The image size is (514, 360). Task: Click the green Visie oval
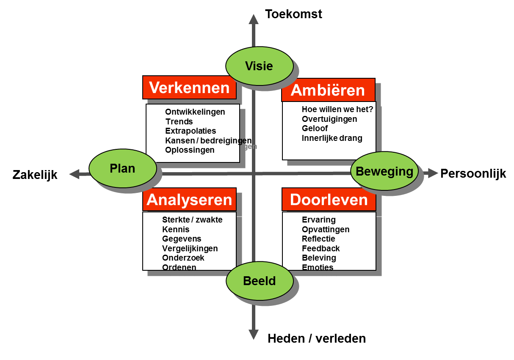coord(259,66)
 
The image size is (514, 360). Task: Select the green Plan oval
coord(123,168)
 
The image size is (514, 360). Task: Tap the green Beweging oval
coord(384,171)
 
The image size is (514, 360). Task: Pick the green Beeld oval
coord(260,281)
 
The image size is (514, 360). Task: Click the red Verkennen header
coord(189,88)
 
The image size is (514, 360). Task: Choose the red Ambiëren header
coord(329,90)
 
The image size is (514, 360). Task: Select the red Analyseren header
coord(189,200)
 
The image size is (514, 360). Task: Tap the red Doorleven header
coord(329,200)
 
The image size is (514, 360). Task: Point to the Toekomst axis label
coord(293,14)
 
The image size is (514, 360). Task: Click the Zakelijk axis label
coord(35,175)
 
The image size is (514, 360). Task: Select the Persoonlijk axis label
coord(473,173)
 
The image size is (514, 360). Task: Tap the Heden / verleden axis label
coord(317,338)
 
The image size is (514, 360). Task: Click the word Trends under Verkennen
coord(179,121)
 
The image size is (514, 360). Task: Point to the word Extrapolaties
coord(191,131)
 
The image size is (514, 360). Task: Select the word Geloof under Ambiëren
coord(315,129)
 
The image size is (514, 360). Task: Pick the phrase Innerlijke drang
coord(332,138)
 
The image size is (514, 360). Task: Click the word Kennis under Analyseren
coord(176,229)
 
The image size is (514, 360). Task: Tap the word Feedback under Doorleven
coord(321,248)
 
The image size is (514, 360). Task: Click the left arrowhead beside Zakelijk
coord(75,174)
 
